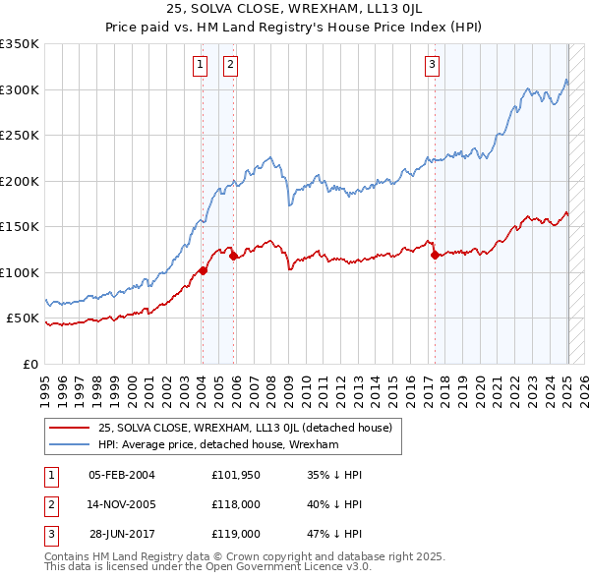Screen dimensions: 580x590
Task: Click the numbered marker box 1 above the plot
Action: click(x=201, y=66)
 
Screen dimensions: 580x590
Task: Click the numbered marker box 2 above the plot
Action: click(x=230, y=66)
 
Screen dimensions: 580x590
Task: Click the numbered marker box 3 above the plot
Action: click(x=432, y=66)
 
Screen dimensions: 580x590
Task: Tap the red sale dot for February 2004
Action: click(x=203, y=270)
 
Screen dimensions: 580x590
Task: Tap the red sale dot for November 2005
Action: click(x=234, y=257)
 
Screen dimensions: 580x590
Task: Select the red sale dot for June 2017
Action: click(x=435, y=255)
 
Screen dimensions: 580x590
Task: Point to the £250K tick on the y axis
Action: click(x=21, y=136)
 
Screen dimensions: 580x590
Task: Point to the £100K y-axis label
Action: click(x=21, y=272)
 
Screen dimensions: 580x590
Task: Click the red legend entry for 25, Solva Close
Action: click(x=245, y=428)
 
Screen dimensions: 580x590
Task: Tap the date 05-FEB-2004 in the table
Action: click(x=122, y=475)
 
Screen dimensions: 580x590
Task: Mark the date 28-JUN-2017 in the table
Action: click(x=122, y=534)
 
